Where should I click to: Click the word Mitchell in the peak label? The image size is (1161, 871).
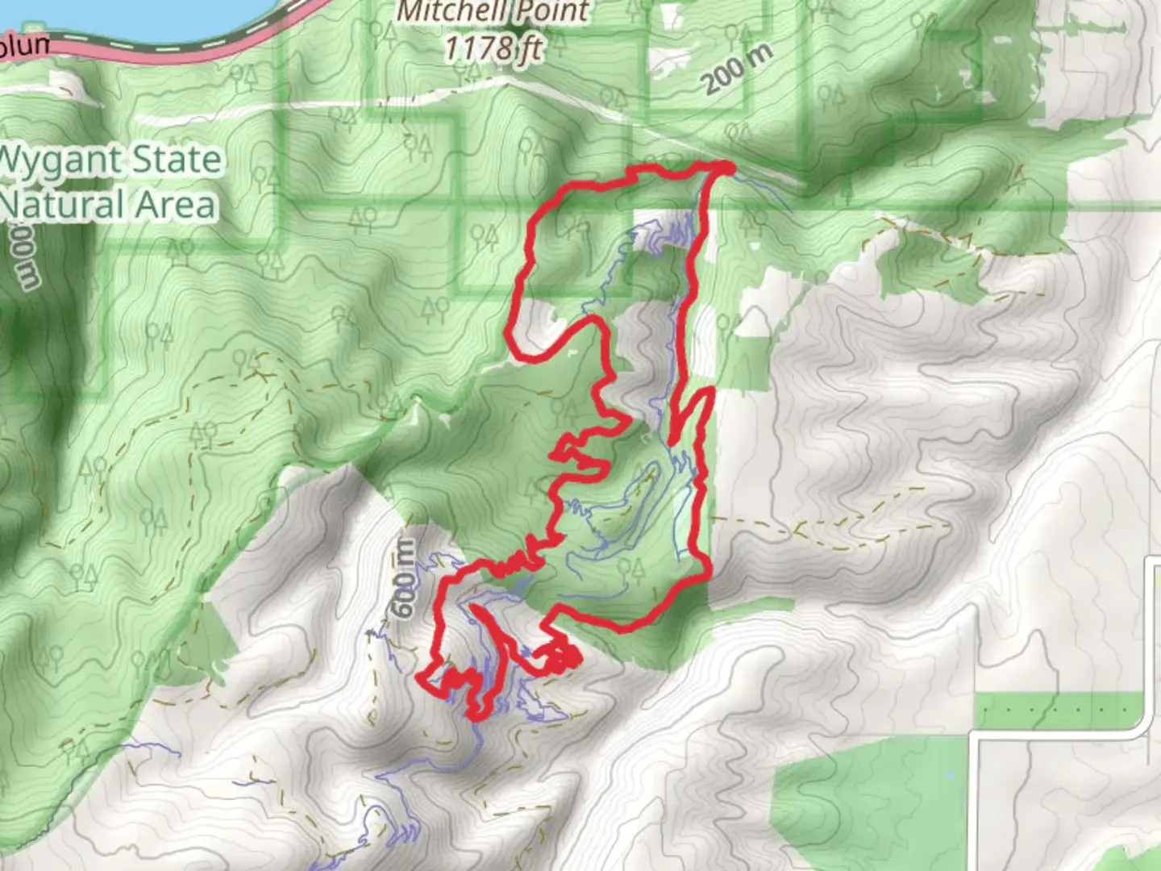(x=448, y=11)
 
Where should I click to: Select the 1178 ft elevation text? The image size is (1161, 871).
(x=493, y=48)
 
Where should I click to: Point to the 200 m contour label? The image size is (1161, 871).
(x=736, y=69)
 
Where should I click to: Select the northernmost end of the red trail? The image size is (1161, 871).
(x=726, y=167)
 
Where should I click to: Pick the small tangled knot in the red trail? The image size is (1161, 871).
(x=563, y=658)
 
